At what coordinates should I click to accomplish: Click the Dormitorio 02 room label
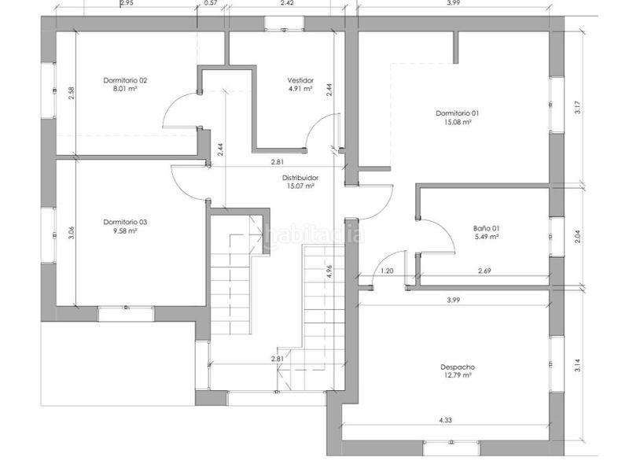point(125,80)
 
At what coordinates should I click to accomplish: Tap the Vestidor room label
point(300,80)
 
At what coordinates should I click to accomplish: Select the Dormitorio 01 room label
point(458,113)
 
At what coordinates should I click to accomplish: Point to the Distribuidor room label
point(300,178)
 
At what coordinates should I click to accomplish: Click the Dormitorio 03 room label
point(125,222)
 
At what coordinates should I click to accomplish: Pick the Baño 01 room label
point(486,228)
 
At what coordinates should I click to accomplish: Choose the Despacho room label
point(458,367)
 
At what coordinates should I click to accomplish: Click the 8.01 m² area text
point(125,89)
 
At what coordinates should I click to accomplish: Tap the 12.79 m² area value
point(458,375)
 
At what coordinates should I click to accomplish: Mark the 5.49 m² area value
point(486,237)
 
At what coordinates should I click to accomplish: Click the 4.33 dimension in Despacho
point(445,420)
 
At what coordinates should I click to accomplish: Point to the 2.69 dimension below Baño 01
point(484,271)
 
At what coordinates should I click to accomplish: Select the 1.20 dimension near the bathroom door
point(387,271)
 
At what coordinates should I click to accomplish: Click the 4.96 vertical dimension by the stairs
point(329,271)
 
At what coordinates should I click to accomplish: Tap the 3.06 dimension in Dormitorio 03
point(71,233)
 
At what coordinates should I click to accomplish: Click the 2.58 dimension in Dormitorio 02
point(71,93)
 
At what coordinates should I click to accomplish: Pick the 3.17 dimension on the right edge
point(577,108)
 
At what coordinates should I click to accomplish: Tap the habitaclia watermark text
point(314,234)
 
